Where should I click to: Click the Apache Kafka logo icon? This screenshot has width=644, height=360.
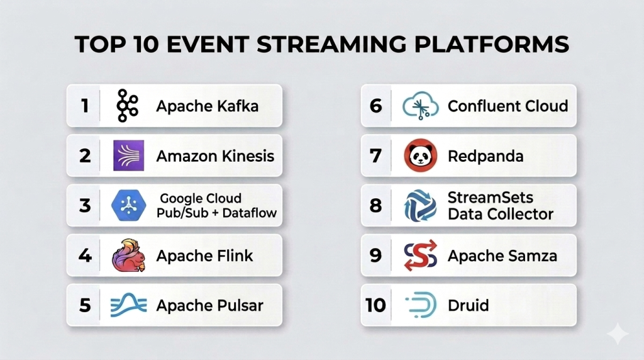coord(127,106)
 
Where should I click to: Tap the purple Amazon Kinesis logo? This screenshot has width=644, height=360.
coord(128,155)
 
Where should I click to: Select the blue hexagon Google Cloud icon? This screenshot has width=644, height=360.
coord(128,205)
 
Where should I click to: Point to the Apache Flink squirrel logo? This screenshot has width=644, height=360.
coord(128,255)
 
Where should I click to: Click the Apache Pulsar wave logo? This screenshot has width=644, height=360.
coord(128,305)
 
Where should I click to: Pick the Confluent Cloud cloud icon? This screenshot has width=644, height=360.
coord(420,106)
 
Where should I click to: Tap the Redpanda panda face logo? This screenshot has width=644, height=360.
coord(420,155)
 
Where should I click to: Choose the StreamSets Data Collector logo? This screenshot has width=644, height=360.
coord(420,205)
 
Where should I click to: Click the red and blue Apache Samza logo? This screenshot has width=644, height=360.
coord(420,255)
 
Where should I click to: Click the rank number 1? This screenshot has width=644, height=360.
coord(85,106)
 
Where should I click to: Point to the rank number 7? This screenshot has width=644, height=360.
coord(375,155)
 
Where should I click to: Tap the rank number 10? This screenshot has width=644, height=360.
coord(375,305)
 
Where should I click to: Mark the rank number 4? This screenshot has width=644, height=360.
coord(85,255)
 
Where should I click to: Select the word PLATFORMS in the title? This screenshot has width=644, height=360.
coord(492,44)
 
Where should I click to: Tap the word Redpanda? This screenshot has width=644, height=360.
coord(486,156)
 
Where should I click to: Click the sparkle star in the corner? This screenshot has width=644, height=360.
coord(618,334)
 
